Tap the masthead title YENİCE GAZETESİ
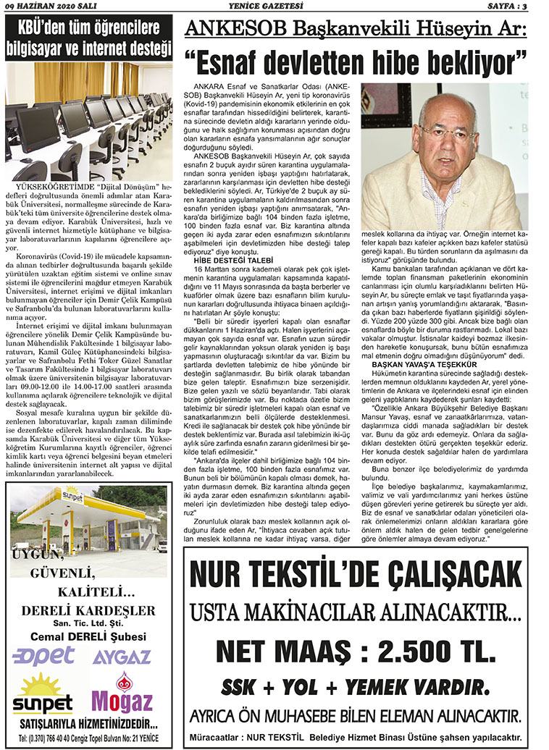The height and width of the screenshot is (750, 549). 274,7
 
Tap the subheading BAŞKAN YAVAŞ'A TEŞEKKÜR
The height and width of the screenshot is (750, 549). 409,366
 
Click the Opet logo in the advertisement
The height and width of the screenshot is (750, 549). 43,656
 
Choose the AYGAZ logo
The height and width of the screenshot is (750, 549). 121,657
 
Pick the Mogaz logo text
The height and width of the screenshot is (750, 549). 122,701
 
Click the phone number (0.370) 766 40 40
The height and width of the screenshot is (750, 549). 54,738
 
